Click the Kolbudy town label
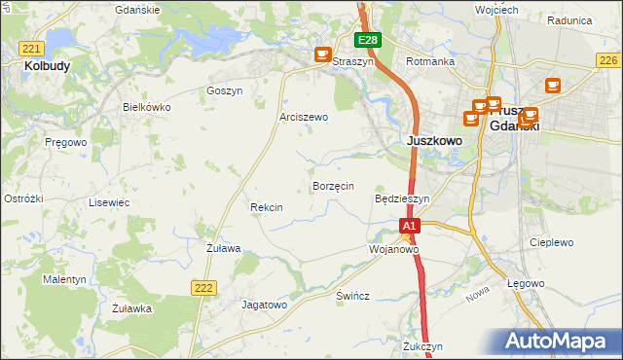(x=45, y=66)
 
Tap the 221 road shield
(x=32, y=49)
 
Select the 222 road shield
(x=203, y=286)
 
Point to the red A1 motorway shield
(x=410, y=226)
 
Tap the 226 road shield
(x=607, y=60)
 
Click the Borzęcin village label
(x=333, y=185)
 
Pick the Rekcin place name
(x=267, y=207)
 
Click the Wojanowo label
(x=393, y=249)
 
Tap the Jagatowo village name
(x=265, y=305)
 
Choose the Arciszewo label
(x=304, y=117)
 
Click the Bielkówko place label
(x=147, y=107)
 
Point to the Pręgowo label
(x=66, y=142)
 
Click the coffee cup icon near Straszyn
(x=323, y=55)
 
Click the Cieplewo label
(x=551, y=242)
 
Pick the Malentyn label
(x=65, y=279)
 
